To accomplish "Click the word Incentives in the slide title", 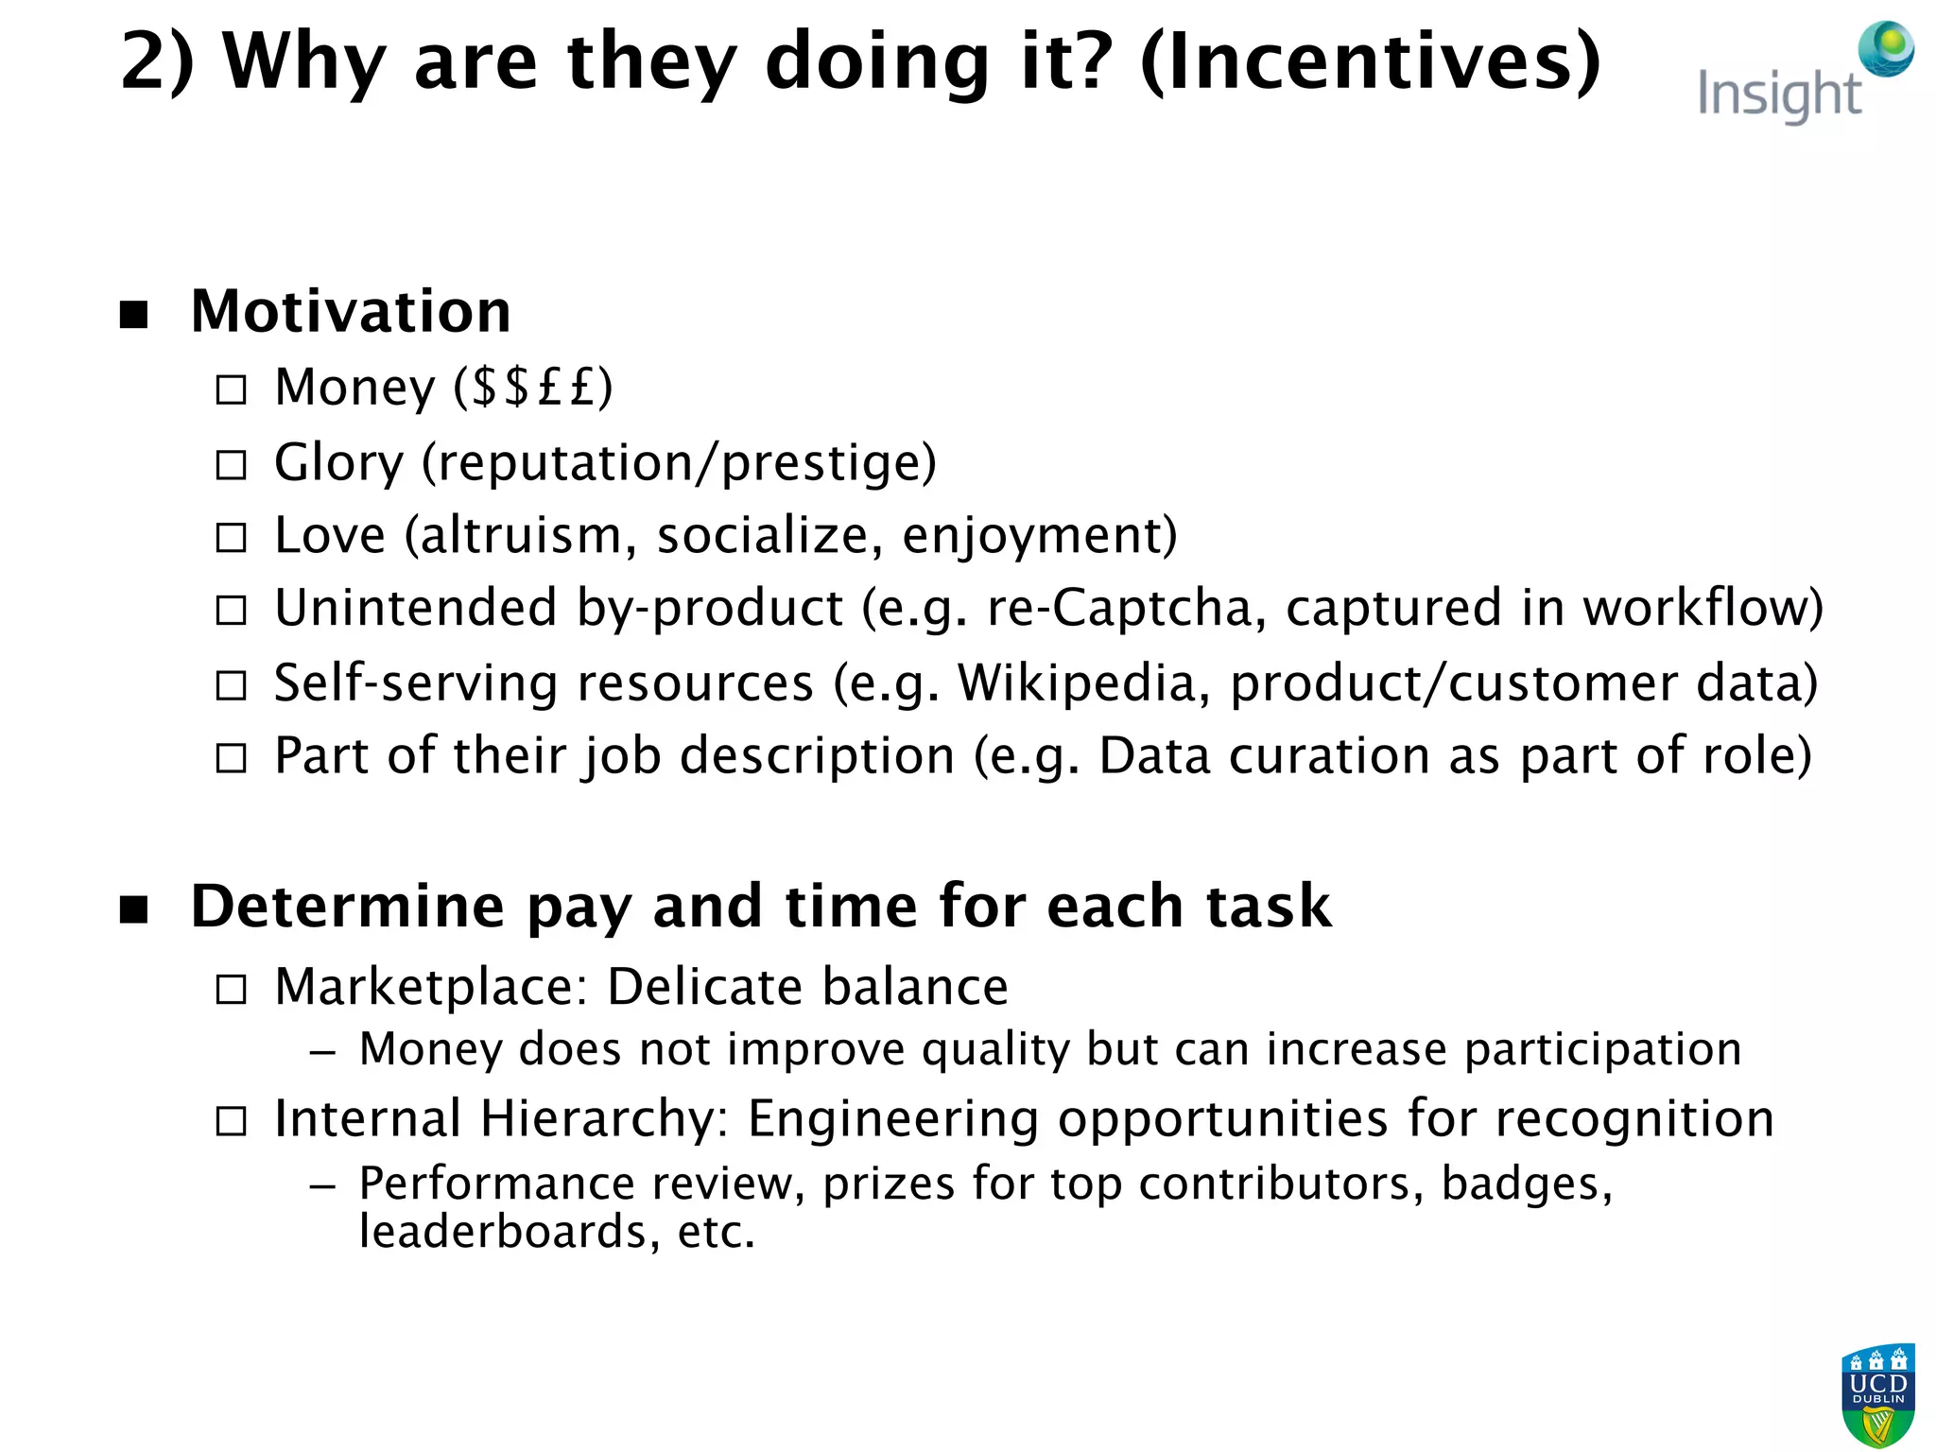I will [x=1371, y=61].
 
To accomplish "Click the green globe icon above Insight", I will [x=1886, y=48].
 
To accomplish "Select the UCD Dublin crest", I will [x=1877, y=1395].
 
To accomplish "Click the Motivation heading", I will [x=351, y=311].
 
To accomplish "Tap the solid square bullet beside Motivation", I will [x=134, y=315].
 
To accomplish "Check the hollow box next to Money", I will [x=231, y=389].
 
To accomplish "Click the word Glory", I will [x=338, y=463].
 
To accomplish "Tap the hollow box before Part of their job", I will [x=231, y=758].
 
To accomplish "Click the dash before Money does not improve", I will [x=322, y=1052].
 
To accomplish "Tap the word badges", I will [x=1526, y=1184].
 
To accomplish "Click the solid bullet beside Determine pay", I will [x=134, y=909].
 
